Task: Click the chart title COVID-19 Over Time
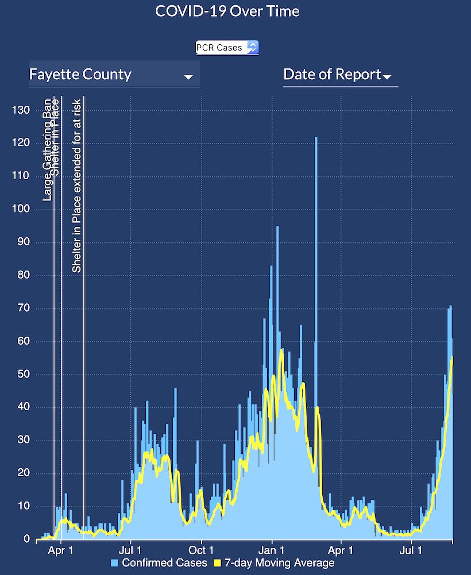point(227,11)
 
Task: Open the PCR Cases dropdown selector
point(227,48)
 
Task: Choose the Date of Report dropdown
point(339,75)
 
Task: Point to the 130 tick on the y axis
point(21,110)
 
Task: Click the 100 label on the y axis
point(21,209)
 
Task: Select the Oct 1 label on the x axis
point(202,550)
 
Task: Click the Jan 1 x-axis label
point(272,550)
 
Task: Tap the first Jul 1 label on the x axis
point(131,550)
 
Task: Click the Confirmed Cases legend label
point(164,563)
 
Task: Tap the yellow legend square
point(218,563)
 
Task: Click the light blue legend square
point(115,563)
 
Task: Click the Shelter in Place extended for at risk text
point(76,186)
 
